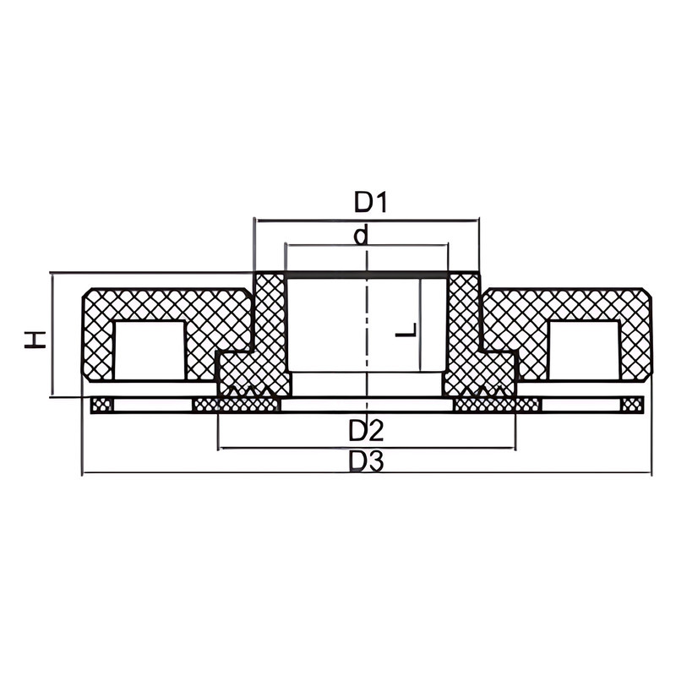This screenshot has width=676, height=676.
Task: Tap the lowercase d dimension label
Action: click(362, 235)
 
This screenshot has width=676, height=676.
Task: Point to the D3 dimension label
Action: click(367, 461)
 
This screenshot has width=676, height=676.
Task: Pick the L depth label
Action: click(406, 330)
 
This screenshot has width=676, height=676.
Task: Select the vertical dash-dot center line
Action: click(367, 338)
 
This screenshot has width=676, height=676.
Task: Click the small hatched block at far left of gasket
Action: click(101, 406)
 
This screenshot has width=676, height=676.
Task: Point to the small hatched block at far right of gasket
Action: click(631, 406)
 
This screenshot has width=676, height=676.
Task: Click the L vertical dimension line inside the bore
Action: click(420, 330)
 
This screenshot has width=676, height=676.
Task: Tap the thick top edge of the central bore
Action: click(367, 275)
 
